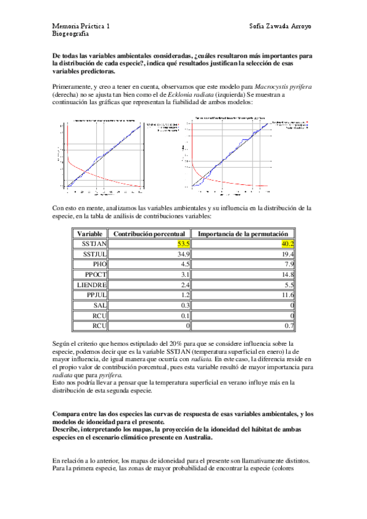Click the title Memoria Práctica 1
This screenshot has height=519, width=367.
(x=81, y=28)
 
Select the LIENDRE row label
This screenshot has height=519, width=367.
(x=93, y=285)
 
